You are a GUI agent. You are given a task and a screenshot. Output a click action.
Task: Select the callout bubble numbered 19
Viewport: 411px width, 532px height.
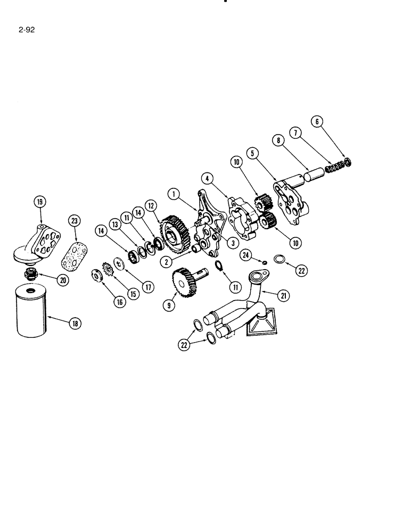pyautogui.click(x=40, y=202)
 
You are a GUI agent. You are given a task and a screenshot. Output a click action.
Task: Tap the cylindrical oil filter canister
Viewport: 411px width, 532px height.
pyautogui.click(x=35, y=311)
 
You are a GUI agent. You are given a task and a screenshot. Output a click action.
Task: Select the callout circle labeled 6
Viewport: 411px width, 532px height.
pyautogui.click(x=317, y=121)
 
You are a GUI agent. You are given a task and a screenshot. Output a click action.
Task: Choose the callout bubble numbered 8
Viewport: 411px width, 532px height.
pyautogui.click(x=277, y=141)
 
